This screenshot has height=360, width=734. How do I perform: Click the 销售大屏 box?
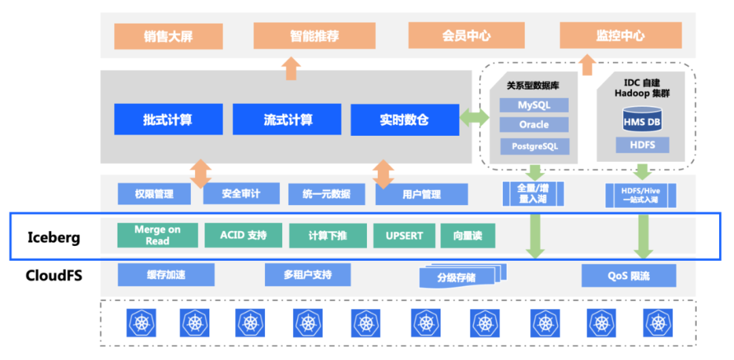tap(168, 37)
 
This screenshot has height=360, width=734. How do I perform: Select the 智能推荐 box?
tap(314, 36)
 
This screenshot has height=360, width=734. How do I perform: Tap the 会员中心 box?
tap(466, 36)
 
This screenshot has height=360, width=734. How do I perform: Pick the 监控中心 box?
tap(620, 36)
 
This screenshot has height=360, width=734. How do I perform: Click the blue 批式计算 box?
tap(168, 120)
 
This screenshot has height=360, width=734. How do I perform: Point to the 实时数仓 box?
tap(404, 120)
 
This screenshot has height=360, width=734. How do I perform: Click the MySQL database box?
tap(534, 105)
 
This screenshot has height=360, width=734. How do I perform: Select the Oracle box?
tap(534, 125)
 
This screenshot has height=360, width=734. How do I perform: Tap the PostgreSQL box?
tap(534, 145)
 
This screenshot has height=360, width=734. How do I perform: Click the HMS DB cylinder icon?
tap(642, 120)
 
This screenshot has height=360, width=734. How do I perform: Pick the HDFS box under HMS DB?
tap(642, 145)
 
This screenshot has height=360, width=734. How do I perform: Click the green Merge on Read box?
tap(157, 235)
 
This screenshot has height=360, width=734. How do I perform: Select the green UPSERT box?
tap(404, 236)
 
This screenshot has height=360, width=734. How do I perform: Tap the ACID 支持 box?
tap(243, 236)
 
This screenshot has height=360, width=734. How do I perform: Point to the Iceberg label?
tap(54, 237)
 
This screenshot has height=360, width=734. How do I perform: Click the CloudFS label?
tap(54, 275)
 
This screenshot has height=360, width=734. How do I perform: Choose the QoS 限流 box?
tap(629, 276)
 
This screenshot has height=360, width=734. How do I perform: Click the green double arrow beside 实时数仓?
tap(474, 119)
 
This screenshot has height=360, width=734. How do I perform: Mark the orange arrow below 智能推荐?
tap(292, 69)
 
